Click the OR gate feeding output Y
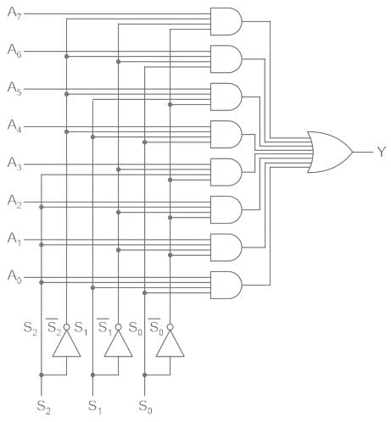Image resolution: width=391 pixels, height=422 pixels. [x=329, y=152]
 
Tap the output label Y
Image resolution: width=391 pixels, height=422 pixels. [x=382, y=152]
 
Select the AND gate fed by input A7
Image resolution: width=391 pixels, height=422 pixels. [x=226, y=21]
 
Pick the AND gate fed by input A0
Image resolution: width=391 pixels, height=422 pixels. [x=226, y=285]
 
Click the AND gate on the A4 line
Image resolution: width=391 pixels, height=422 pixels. [x=226, y=135]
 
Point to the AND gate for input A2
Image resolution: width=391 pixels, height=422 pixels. [x=226, y=210]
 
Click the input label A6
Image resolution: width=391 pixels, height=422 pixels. [x=14, y=51]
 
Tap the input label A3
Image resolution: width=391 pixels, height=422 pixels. [x=14, y=164]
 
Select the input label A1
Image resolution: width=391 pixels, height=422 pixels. [x=14, y=239]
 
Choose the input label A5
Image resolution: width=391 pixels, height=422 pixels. [x=14, y=88]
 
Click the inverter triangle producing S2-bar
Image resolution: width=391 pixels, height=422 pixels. [x=67, y=343]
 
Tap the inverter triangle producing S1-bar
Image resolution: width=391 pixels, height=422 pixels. [x=119, y=343]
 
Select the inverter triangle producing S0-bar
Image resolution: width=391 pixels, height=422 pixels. [x=170, y=343]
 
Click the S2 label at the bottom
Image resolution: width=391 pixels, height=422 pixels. [x=44, y=407]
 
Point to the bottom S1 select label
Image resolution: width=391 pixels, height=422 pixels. [x=95, y=407]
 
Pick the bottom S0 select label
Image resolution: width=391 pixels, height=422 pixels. [x=145, y=407]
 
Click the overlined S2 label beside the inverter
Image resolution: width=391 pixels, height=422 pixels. [x=53, y=327]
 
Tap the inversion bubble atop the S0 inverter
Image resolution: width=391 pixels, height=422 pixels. [x=170, y=327]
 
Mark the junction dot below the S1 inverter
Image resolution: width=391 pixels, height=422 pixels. [x=92, y=375]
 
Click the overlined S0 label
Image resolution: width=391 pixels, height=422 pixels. [x=156, y=327]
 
